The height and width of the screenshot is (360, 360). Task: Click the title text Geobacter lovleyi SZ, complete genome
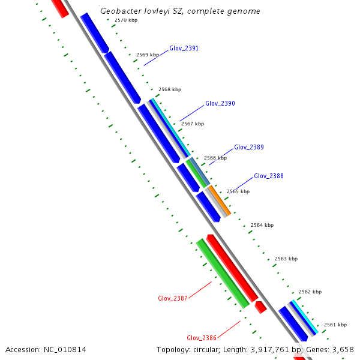point(180,11)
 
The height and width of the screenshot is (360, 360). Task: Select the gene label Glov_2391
point(184,48)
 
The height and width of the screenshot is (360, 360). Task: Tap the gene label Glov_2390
point(220,104)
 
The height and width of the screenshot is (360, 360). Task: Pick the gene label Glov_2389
point(248,147)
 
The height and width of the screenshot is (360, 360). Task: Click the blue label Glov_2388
point(268,176)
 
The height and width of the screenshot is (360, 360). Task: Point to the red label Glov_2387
point(173,298)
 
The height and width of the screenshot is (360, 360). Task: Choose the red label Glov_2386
point(201,338)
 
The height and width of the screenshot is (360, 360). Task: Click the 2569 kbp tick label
point(148,55)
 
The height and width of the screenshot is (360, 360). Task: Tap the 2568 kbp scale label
point(170,89)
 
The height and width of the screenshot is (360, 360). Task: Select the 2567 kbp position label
point(193,124)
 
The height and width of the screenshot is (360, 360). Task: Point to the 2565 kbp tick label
point(238,191)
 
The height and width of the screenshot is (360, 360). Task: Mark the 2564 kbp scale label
point(262,225)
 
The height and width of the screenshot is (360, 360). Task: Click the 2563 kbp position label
point(286,259)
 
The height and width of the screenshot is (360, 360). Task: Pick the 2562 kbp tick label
point(310,292)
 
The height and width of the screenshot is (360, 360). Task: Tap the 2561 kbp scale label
point(335,325)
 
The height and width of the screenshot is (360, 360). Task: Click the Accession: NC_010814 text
point(46,349)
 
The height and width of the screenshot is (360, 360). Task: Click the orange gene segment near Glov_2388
point(220,201)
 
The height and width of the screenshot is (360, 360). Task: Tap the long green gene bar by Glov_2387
point(223,273)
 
